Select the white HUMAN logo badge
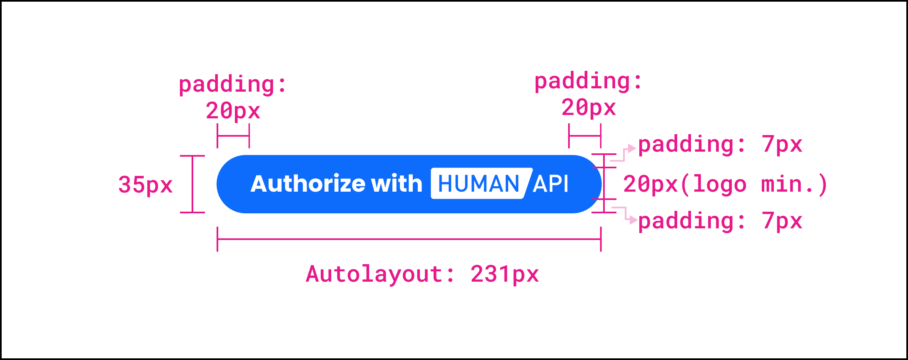point(479,184)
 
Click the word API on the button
point(551,184)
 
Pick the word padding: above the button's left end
point(233,85)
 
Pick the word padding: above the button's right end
point(588,81)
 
